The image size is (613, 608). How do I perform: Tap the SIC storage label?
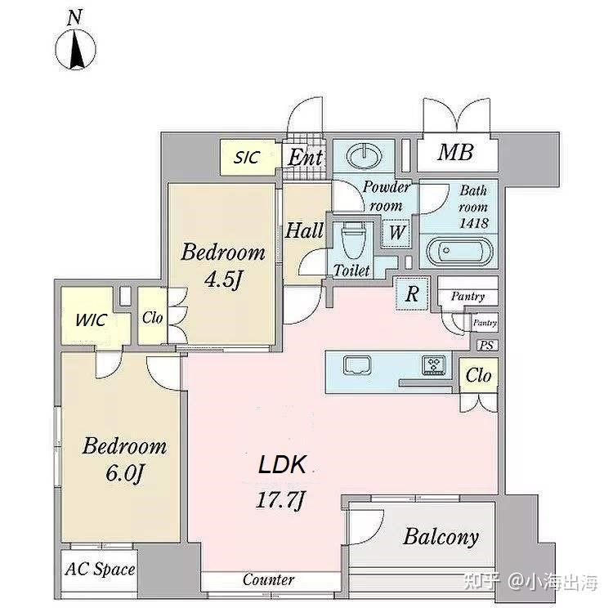[x=247, y=157]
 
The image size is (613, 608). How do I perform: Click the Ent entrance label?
[x=306, y=157]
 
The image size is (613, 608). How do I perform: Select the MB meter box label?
[x=455, y=152]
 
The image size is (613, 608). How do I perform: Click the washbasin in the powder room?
[x=365, y=156]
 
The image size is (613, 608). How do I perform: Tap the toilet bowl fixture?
[x=354, y=240]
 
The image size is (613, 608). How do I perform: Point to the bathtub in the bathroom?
[x=459, y=251]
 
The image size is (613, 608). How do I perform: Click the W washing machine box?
[x=396, y=233]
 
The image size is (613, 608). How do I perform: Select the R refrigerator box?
[x=412, y=293]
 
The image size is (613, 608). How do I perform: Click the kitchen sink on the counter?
[x=357, y=365]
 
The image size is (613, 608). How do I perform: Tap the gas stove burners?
[x=434, y=364]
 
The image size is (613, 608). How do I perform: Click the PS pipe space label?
[x=487, y=345]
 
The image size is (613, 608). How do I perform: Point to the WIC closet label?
[x=91, y=320]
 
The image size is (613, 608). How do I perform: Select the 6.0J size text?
[x=125, y=474]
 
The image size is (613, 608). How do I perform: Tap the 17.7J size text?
[x=280, y=499]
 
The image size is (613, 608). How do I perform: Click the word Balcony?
[x=441, y=537]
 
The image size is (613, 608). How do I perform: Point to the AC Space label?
[x=100, y=569]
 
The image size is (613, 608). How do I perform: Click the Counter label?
[x=268, y=579]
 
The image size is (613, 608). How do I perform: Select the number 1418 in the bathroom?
[x=473, y=223]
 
